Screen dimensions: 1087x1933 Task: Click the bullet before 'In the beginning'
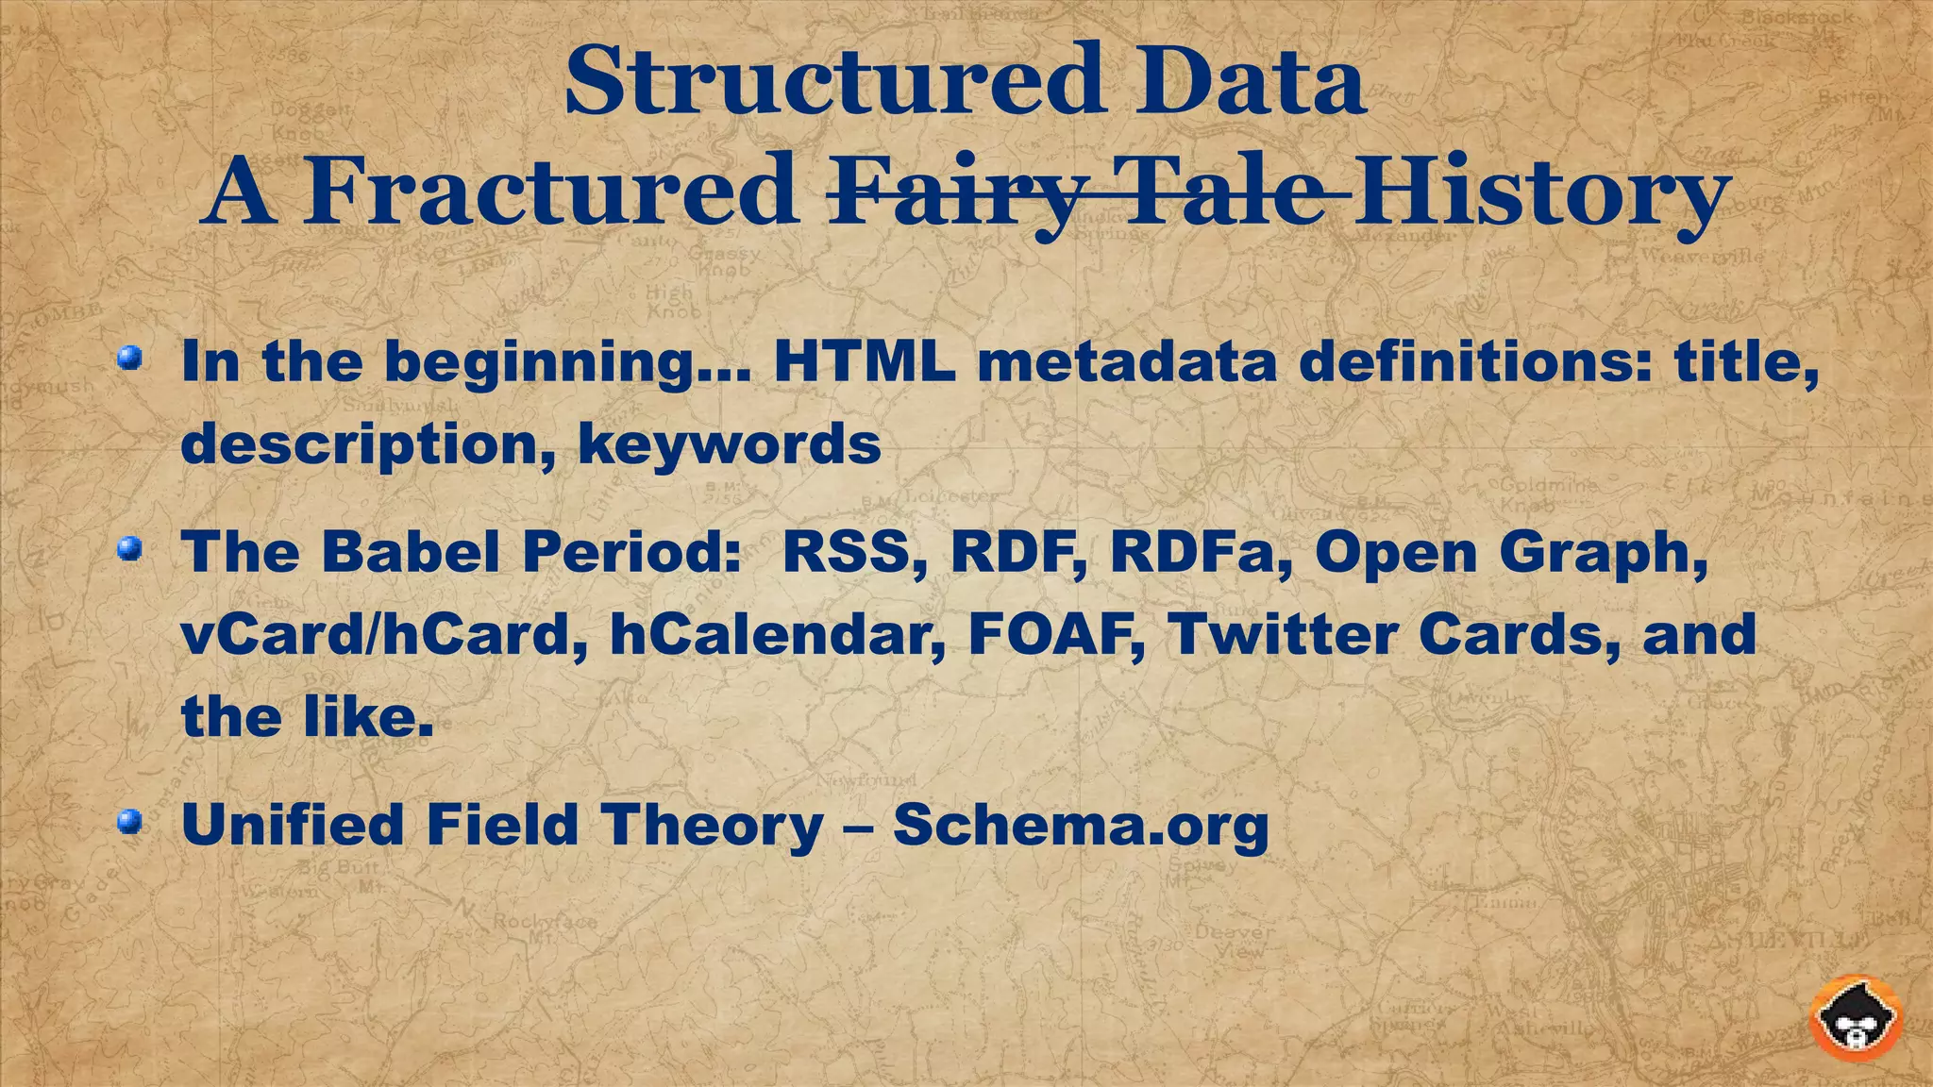pyautogui.click(x=130, y=359)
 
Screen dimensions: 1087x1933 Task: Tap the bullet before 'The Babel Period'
pyautogui.click(x=130, y=548)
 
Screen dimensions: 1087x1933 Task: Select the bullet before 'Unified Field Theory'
pyautogui.click(x=130, y=822)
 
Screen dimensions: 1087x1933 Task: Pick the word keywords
pyautogui.click(x=730, y=443)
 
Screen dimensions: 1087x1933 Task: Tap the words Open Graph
pyautogui.click(x=1510, y=554)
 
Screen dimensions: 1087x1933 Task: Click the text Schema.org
pyautogui.click(x=1080, y=826)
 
